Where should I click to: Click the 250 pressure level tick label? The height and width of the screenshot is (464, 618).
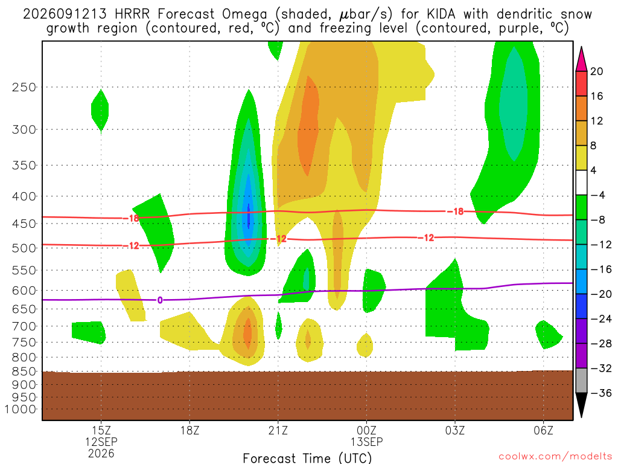(24, 87)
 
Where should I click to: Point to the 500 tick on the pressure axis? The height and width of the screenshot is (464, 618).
(24, 248)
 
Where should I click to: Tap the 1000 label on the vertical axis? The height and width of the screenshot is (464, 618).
(20, 410)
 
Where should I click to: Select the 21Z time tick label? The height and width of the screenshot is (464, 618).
(278, 430)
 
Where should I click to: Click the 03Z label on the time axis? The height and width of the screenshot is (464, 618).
(455, 430)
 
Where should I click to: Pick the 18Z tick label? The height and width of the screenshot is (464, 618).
(190, 430)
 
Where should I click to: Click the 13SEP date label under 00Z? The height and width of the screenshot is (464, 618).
(366, 442)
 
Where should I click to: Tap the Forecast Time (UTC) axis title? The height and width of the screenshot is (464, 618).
(307, 458)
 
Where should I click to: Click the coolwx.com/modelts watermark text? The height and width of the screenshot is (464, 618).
(555, 457)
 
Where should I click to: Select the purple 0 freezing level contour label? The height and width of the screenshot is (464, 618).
(159, 300)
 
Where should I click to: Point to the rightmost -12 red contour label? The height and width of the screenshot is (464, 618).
(426, 237)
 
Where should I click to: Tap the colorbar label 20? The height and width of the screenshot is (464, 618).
(596, 71)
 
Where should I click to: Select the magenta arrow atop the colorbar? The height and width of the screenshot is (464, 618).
(581, 59)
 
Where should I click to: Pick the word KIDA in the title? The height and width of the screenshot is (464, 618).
(440, 14)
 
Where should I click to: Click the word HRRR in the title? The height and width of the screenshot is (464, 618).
(132, 14)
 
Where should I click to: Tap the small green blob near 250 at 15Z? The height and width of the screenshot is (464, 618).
(100, 110)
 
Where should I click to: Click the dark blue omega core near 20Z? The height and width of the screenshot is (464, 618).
(248, 216)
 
